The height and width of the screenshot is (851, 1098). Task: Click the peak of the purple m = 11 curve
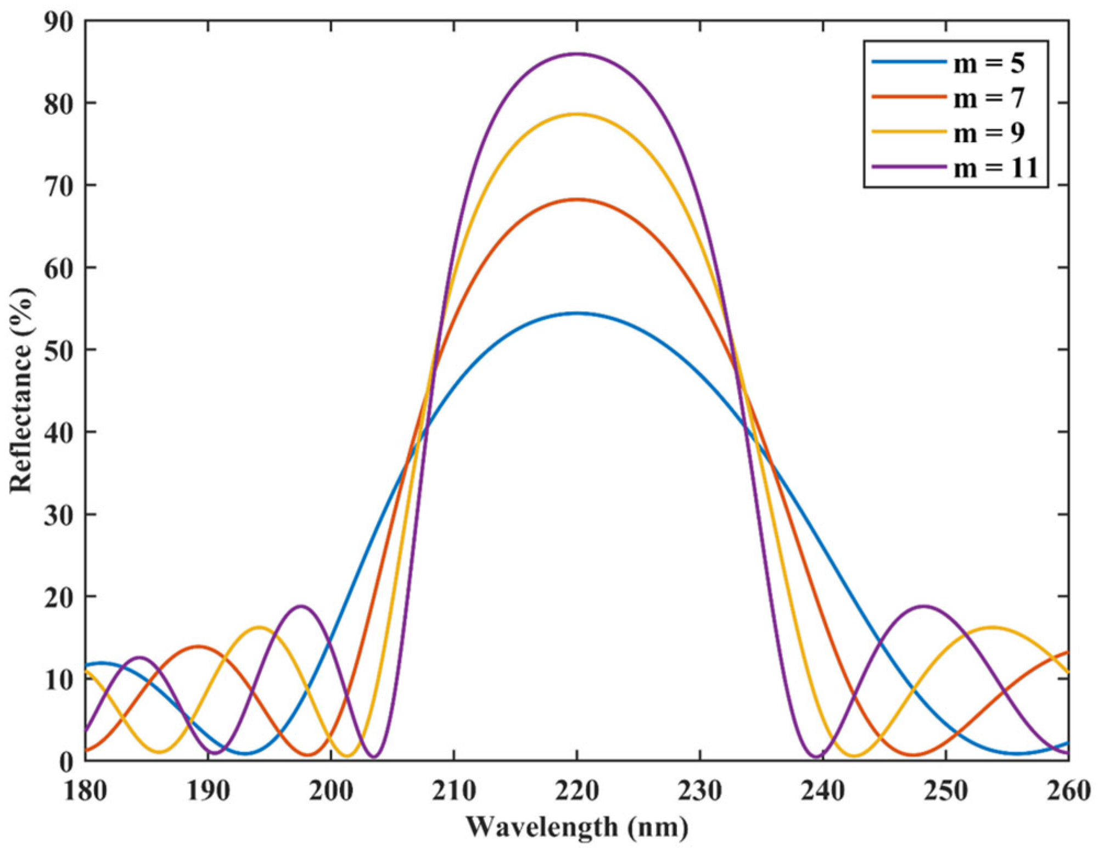(577, 54)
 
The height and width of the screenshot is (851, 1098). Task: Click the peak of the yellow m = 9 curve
(577, 114)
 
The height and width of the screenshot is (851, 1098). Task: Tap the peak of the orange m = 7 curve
(577, 199)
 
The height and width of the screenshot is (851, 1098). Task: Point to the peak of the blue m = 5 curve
(577, 313)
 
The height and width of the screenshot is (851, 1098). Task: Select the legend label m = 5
(989, 64)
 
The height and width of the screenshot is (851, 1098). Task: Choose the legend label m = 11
(995, 167)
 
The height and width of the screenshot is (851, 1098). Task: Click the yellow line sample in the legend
(909, 132)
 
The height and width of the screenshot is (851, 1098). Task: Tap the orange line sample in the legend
(909, 97)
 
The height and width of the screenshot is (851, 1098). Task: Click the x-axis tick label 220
(577, 791)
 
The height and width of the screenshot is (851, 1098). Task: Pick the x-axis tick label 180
(85, 791)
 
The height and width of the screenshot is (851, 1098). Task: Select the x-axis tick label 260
(1067, 791)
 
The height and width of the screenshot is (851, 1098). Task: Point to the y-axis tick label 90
(58, 22)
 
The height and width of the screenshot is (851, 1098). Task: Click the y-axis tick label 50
(58, 350)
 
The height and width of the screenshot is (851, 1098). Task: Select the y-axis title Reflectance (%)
(22, 390)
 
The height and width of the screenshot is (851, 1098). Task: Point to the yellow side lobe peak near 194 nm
(259, 627)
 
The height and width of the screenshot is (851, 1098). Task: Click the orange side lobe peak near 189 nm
(198, 646)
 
